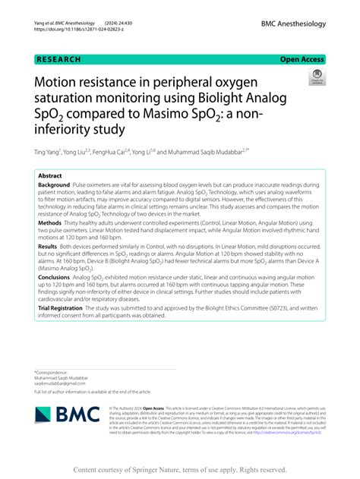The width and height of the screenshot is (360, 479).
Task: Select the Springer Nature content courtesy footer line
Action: pos(179,470)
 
